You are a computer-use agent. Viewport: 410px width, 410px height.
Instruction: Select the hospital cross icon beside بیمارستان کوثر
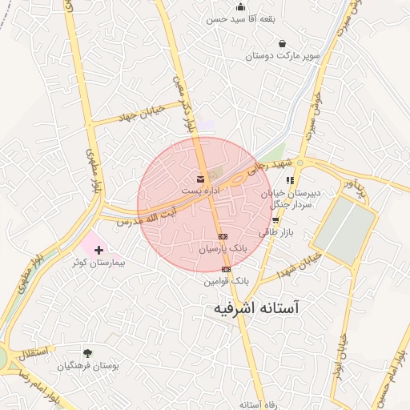99,251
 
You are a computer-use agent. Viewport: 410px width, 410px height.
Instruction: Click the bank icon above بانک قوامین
226,269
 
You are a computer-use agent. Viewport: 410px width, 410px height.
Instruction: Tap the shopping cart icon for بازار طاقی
275,219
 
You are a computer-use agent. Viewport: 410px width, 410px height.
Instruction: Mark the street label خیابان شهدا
298,267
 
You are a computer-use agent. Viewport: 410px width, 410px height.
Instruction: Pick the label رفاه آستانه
257,404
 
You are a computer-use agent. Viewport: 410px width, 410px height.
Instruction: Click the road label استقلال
36,352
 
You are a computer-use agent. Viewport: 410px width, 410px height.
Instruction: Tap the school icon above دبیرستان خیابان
290,181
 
